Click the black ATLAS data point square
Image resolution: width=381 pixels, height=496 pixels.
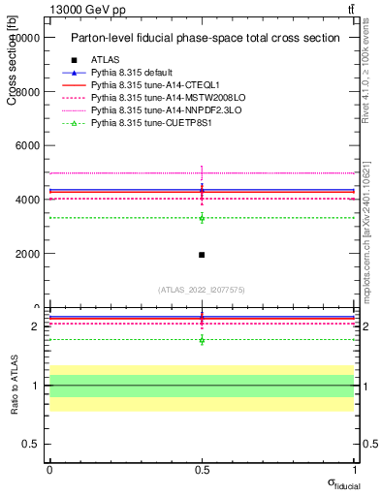tap(202, 255)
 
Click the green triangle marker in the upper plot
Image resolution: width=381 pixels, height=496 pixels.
tap(202, 218)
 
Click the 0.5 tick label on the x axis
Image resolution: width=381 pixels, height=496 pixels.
tap(202, 469)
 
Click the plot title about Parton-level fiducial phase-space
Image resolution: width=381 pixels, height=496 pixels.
tap(205, 38)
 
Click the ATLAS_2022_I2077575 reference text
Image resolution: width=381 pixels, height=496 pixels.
tap(202, 290)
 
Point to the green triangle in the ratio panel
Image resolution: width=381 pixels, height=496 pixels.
tap(202, 340)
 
